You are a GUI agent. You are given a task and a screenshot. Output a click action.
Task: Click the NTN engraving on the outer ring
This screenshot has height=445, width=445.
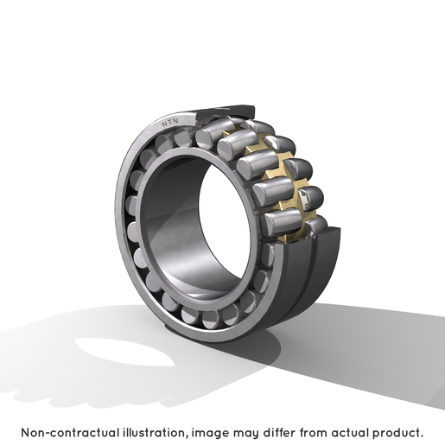(169, 123)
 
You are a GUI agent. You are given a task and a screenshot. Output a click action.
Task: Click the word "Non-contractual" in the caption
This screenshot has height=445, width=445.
(70, 433)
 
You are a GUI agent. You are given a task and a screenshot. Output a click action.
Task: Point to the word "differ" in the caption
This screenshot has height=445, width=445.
(279, 433)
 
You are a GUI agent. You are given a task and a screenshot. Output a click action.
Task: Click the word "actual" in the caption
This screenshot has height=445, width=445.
(350, 433)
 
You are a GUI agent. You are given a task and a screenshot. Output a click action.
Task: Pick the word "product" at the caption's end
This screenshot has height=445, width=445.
(397, 434)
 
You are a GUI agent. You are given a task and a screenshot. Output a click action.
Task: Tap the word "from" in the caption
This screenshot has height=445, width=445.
(314, 433)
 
